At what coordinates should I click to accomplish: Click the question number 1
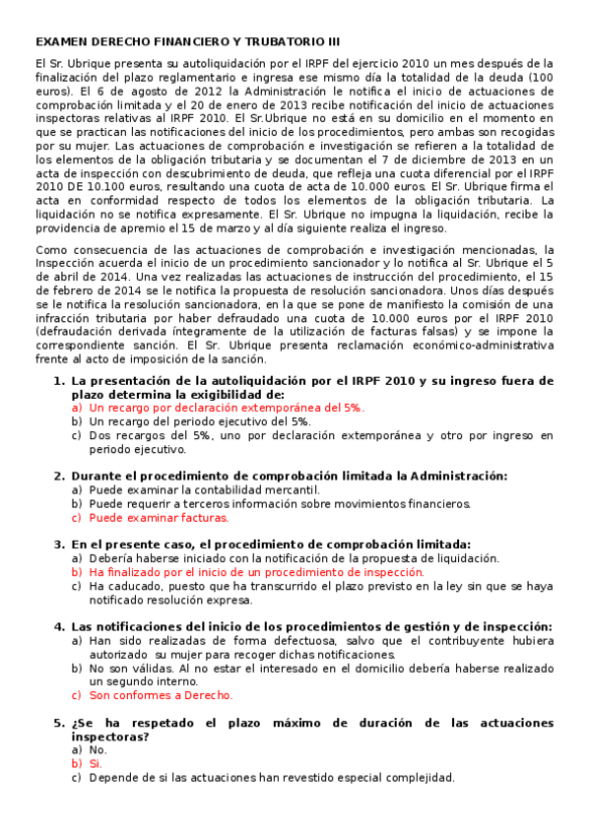pyautogui.click(x=58, y=381)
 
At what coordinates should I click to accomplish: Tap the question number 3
pyautogui.click(x=58, y=544)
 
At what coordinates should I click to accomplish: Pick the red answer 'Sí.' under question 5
pyautogui.click(x=96, y=763)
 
